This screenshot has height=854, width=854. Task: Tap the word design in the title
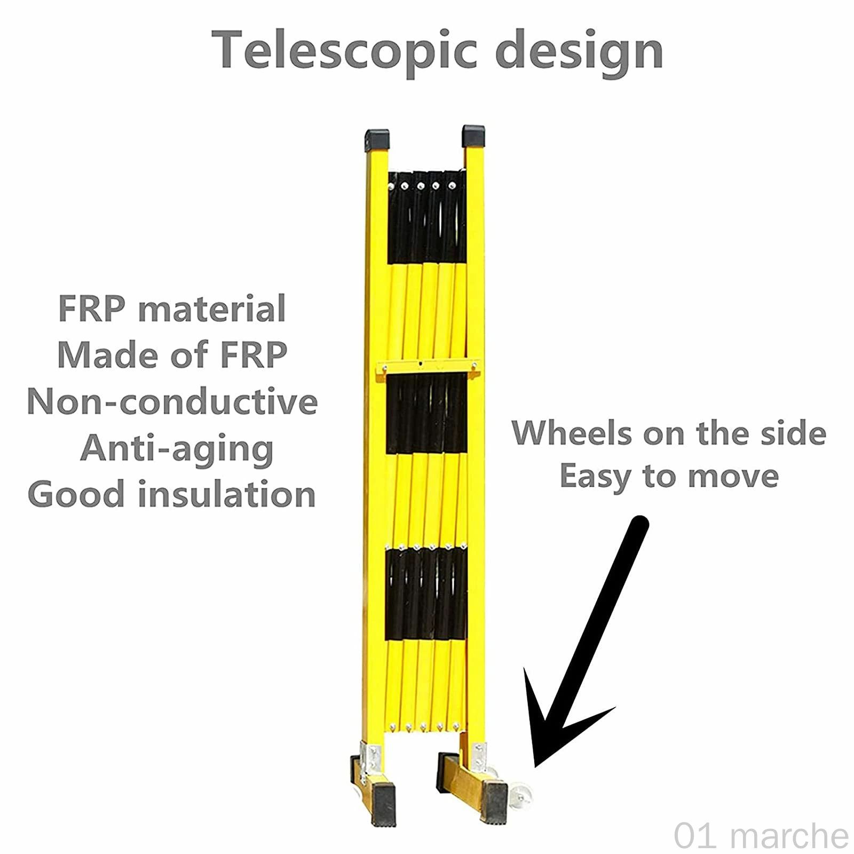pos(579,50)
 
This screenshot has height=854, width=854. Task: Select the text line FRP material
pos(172,309)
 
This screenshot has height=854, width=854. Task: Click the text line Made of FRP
pos(172,354)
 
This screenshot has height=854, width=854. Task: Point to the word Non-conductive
pos(172,401)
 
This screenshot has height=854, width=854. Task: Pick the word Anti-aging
pos(177,448)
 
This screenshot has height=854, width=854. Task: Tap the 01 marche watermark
pos(760,835)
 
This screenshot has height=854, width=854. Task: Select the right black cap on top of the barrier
pos(473,136)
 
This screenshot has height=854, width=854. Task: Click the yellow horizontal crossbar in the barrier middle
pos(427,367)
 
